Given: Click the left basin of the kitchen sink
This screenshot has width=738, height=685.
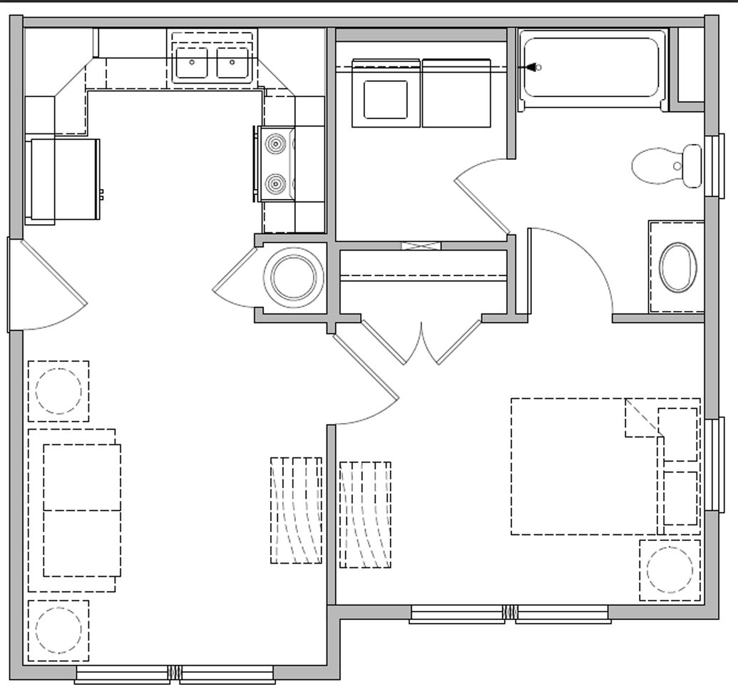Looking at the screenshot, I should pos(191,64).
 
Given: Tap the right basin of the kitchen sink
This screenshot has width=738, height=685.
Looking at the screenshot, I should pos(232,64).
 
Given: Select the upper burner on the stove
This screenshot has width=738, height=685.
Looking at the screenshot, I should pos(276,143).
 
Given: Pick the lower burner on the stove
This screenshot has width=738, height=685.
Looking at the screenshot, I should pos(276,185).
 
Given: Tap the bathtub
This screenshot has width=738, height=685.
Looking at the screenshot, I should pos(592,68).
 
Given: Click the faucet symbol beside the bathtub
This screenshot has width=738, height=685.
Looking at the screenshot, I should pos(531,67).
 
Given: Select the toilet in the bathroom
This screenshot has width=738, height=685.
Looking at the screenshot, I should pos(667,166).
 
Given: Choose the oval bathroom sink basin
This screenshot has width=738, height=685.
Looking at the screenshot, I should pos(677,268).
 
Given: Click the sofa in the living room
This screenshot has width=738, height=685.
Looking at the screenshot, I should pos(75,510).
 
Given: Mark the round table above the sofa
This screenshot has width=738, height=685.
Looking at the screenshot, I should pos(58,391).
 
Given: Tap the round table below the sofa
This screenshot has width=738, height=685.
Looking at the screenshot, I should pos(58,630).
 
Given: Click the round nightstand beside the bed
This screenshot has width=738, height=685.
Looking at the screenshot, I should pos(670,570).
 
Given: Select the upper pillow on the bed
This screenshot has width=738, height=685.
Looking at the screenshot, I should pos(677,435).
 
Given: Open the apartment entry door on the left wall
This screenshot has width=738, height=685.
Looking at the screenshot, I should pos(50,285).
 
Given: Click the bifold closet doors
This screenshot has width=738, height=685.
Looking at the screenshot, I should pos(421,342).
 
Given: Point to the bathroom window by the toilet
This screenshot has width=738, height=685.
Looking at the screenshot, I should pos(714,166).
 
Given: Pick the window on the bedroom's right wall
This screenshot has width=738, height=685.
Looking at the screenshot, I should pos(714,465).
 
